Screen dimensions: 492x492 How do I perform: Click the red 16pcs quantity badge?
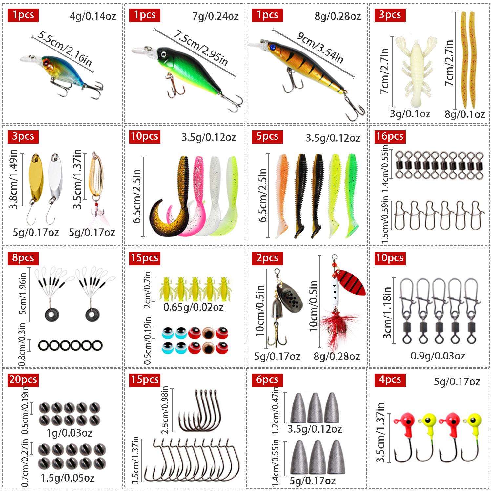(x=390, y=136)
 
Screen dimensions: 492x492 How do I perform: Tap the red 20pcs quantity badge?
(x=23, y=379)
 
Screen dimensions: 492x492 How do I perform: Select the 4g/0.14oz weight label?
(x=93, y=16)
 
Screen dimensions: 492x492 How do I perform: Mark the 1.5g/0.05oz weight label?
(x=68, y=478)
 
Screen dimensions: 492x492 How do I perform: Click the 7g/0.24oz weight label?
(x=215, y=16)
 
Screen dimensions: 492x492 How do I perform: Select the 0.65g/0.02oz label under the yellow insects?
(x=193, y=307)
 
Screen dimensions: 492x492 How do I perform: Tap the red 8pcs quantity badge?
(x=23, y=258)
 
